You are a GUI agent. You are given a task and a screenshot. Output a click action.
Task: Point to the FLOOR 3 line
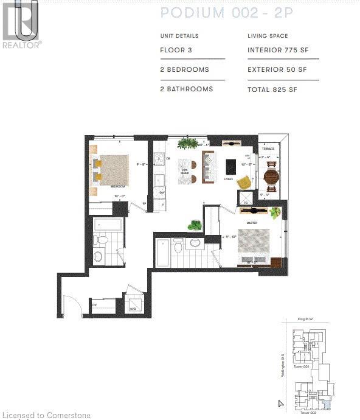[177, 50]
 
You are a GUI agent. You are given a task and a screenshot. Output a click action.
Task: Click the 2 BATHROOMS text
[186, 89]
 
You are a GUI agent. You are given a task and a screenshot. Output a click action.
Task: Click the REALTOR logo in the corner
[21, 24]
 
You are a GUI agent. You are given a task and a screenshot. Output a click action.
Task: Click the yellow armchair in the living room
[243, 183]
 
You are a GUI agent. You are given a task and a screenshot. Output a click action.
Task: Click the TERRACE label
[268, 149]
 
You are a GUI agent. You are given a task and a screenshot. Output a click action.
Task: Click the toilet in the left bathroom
[102, 241]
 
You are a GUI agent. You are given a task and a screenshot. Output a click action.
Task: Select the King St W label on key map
[304, 318]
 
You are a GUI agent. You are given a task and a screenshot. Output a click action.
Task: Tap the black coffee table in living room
[230, 166]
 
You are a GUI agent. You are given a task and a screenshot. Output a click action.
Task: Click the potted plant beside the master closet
[195, 225]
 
